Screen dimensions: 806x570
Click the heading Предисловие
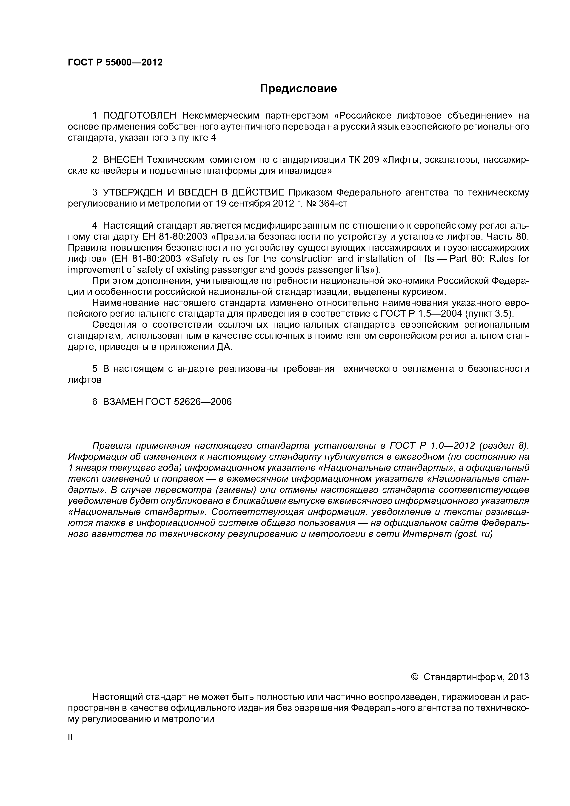(298, 88)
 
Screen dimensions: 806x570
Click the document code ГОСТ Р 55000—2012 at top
(115, 62)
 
